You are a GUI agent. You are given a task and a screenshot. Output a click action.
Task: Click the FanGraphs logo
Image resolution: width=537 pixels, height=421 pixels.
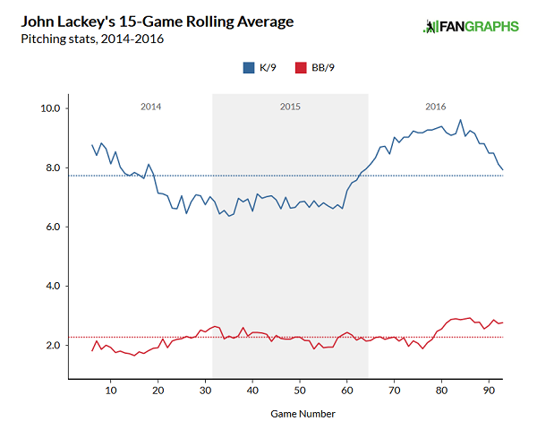[x=471, y=27]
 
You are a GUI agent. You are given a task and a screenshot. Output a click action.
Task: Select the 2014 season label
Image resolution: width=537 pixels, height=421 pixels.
[x=151, y=107]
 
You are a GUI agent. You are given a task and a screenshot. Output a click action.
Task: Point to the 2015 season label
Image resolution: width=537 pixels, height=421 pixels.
[x=290, y=107]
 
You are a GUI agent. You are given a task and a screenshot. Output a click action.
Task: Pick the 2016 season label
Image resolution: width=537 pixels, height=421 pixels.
[x=436, y=107]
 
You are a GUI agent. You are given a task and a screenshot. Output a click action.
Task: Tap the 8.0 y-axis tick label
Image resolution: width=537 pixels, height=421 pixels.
[x=50, y=168]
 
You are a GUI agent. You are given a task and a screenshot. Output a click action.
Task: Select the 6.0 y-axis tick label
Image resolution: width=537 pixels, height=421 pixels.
[x=50, y=227]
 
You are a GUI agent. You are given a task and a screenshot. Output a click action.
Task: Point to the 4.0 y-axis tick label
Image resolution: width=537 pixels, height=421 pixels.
[x=50, y=286]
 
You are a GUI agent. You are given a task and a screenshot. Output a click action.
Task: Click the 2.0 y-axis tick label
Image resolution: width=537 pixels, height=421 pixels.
[x=50, y=345]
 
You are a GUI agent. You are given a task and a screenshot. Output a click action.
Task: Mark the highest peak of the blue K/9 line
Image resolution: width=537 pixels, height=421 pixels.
[x=460, y=120]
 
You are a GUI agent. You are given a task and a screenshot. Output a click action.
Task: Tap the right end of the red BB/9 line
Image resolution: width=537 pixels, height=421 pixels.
[x=503, y=322]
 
